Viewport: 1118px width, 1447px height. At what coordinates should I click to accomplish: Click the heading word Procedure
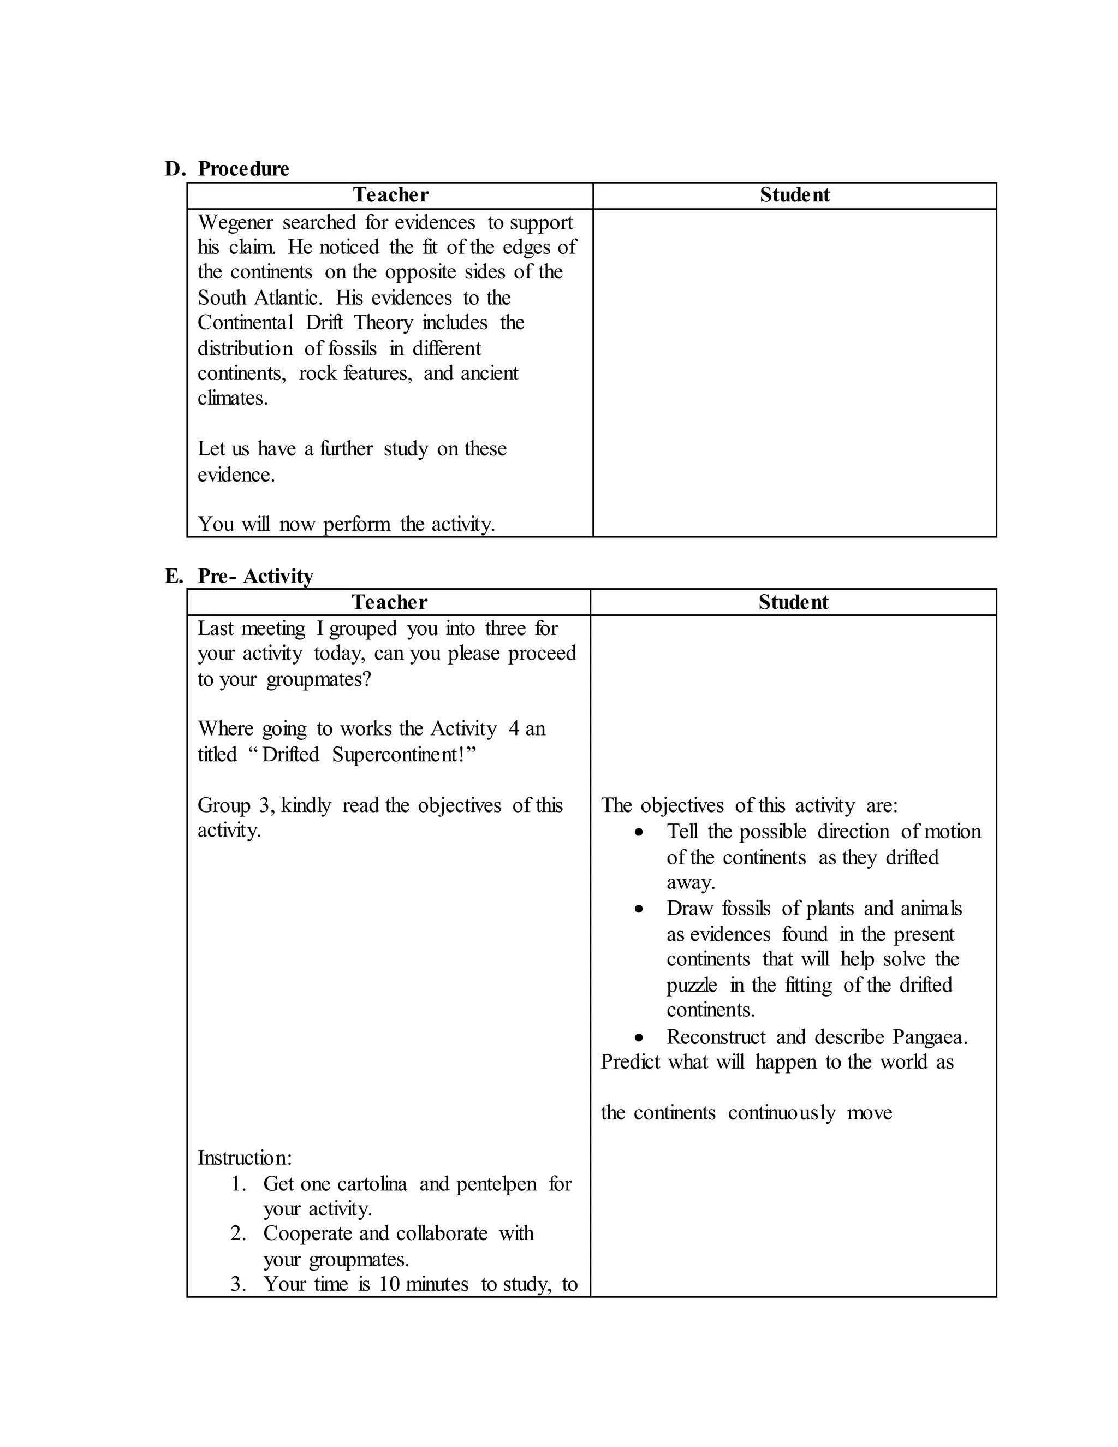(243, 169)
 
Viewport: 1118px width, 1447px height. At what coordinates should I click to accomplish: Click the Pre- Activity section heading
(255, 576)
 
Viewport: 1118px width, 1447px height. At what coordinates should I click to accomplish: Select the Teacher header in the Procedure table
(390, 195)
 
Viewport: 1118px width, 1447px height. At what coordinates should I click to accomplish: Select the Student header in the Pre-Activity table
(793, 602)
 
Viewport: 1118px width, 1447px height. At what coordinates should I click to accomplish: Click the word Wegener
(235, 223)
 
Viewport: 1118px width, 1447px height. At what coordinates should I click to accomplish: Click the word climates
(233, 398)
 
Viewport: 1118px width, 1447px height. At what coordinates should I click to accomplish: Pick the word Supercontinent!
(404, 755)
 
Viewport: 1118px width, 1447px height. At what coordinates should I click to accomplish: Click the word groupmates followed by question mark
(318, 680)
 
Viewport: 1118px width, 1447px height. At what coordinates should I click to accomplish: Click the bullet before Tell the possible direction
(639, 833)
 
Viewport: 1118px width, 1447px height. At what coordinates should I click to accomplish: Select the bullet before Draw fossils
(639, 910)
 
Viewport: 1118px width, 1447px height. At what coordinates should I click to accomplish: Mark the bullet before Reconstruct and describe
(639, 1038)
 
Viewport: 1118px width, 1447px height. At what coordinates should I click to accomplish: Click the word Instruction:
(245, 1158)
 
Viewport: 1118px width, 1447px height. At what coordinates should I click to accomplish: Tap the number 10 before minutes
(389, 1284)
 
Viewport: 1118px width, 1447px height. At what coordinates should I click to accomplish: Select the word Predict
(630, 1062)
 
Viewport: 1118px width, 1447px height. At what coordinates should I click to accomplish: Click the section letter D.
(174, 169)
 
